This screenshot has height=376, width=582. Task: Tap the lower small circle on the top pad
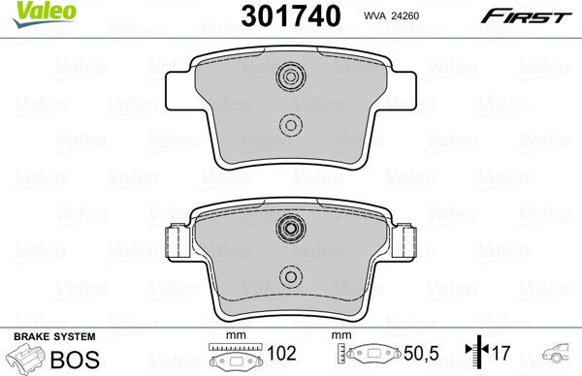click(x=289, y=124)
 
